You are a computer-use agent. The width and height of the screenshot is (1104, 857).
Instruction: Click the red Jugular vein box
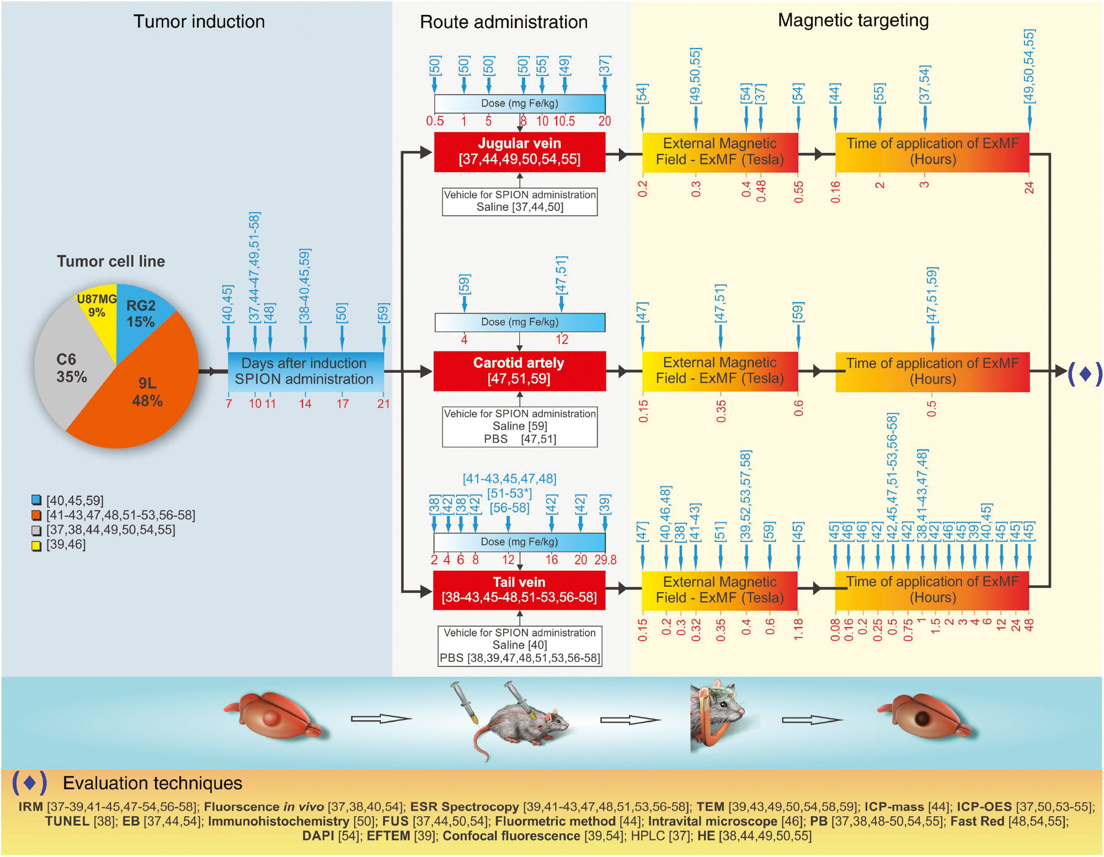[x=519, y=152]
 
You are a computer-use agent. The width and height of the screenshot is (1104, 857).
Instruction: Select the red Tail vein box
[x=519, y=590]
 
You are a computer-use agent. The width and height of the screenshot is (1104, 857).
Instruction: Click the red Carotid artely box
[x=519, y=371]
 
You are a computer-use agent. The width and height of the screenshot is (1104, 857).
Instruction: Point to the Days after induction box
[x=305, y=371]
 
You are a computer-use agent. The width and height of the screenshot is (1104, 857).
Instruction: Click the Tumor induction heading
[x=199, y=22]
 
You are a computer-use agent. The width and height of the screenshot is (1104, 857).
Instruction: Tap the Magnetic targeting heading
[x=853, y=20]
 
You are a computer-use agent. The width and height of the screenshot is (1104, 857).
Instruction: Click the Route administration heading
[x=503, y=22]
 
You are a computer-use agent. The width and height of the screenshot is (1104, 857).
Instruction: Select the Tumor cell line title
[x=111, y=261]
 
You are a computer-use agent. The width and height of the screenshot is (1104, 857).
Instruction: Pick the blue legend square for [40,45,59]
[x=36, y=500]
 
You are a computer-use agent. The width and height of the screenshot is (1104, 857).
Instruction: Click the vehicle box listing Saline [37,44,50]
[x=519, y=201]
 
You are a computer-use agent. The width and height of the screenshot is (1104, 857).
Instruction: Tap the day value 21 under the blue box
[x=383, y=404]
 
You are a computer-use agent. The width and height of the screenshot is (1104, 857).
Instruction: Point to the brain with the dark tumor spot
[x=924, y=717]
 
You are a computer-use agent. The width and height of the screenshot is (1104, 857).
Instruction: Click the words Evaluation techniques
[x=152, y=783]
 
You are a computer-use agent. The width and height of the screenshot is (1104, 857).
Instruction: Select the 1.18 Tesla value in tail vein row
[x=798, y=630]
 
